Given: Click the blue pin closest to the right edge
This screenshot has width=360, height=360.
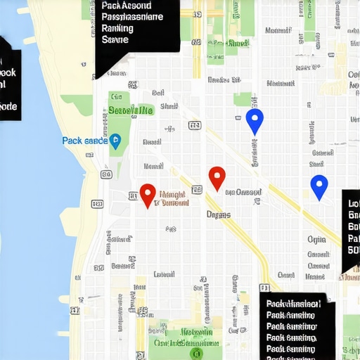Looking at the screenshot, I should (x=319, y=186).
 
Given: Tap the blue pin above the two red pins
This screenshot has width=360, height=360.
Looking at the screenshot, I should (x=255, y=120).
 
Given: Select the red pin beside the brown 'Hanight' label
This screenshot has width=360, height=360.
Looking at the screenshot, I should (x=147, y=194).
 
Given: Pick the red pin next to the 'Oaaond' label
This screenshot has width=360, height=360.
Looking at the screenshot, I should (x=217, y=177).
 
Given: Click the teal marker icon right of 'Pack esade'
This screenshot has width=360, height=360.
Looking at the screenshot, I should (x=116, y=141).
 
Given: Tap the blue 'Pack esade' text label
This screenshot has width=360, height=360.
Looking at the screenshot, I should (x=84, y=141).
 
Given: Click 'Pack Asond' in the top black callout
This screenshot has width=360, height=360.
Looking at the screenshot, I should (x=126, y=6).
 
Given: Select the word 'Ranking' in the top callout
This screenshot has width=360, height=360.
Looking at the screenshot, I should (x=117, y=28).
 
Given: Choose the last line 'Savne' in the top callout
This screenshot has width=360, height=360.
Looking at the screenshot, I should (x=115, y=40).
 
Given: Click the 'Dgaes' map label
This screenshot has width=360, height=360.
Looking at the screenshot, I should (x=218, y=214).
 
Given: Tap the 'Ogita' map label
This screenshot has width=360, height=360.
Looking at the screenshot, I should (x=317, y=239).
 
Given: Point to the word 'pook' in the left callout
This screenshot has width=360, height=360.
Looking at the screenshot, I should (x=8, y=72).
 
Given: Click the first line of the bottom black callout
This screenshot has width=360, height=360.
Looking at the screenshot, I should (x=294, y=304).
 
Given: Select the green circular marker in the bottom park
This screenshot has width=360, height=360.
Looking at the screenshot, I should (x=197, y=352).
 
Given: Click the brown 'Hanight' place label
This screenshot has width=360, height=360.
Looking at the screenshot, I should (x=172, y=193).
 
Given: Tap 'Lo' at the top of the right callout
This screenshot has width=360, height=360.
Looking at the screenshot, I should (x=353, y=204).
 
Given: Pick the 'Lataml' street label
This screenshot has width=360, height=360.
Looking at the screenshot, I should (x=164, y=274).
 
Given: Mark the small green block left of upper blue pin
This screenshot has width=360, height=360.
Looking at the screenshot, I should (x=243, y=99).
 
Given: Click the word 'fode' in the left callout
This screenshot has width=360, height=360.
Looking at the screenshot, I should (x=8, y=106).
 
